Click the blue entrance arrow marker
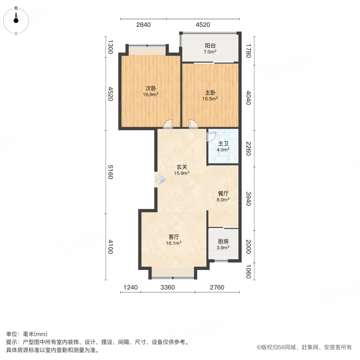tap(160, 180)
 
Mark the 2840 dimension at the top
tap(143, 25)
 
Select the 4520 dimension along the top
tap(203, 25)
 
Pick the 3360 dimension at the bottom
tap(168, 287)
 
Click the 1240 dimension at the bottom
tap(130, 287)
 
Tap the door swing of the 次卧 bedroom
tap(168, 124)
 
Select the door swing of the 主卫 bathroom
tap(211, 136)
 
